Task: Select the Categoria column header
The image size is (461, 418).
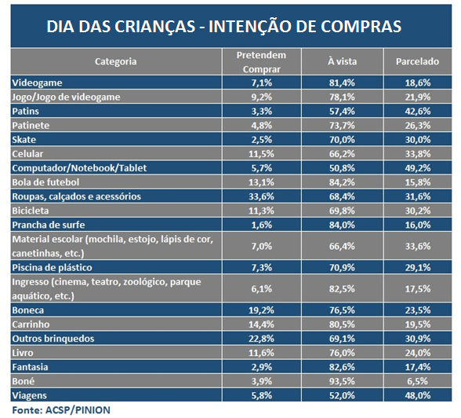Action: (115, 61)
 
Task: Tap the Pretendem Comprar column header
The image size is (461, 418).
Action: (261, 62)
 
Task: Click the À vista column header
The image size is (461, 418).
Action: (342, 61)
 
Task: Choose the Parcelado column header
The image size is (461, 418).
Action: (417, 61)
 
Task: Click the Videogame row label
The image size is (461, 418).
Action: (37, 82)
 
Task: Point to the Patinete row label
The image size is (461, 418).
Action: (31, 126)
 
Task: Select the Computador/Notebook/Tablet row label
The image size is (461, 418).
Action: (79, 168)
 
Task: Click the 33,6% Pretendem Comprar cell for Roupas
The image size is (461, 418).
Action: (261, 196)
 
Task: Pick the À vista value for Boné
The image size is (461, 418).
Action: (342, 381)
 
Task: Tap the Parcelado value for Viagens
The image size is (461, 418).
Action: (417, 395)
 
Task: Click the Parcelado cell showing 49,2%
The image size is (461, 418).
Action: (417, 168)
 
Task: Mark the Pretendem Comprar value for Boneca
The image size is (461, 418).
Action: (261, 310)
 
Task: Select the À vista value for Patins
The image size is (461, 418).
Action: (342, 112)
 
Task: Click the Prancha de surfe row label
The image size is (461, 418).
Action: (49, 225)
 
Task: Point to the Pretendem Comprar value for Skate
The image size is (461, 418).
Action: (261, 140)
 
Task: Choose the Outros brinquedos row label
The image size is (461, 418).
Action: (53, 339)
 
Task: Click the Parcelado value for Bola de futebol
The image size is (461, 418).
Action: (417, 182)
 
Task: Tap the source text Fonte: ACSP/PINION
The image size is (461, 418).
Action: (61, 410)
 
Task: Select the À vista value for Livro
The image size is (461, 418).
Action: (342, 353)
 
